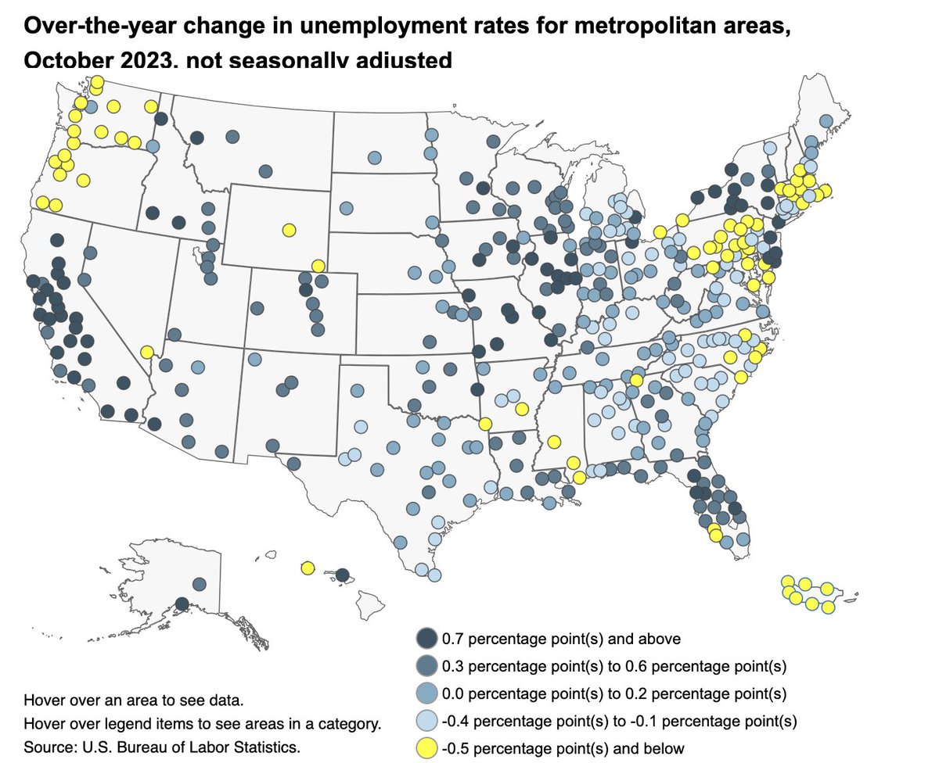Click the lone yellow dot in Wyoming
click(x=289, y=230)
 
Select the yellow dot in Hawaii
click(x=308, y=568)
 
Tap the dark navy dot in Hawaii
click(x=342, y=575)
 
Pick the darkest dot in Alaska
click(x=182, y=604)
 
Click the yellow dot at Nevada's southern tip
click(x=146, y=352)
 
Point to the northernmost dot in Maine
click(x=825, y=120)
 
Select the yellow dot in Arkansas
click(x=522, y=408)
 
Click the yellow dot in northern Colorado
click(x=317, y=266)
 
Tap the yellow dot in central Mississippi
click(x=554, y=442)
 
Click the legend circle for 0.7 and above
click(x=426, y=639)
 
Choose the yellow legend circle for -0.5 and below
click(x=426, y=748)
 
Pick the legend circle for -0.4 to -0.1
click(x=426, y=721)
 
